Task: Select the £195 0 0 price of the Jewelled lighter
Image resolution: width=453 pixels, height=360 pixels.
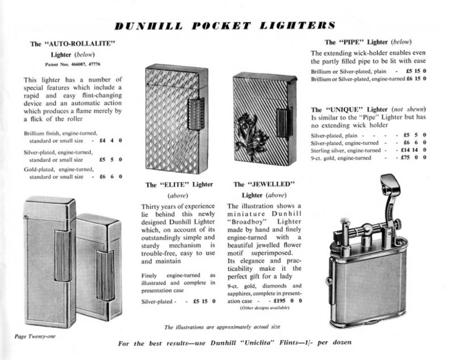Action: (287, 301)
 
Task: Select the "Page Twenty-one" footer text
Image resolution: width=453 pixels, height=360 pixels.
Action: (35, 336)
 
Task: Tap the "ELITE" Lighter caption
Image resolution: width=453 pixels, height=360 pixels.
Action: (179, 185)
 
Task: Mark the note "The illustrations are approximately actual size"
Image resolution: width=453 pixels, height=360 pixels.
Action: (222, 326)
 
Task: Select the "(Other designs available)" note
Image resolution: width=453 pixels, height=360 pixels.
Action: (264, 308)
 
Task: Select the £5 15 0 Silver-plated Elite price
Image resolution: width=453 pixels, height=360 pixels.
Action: (204, 301)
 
